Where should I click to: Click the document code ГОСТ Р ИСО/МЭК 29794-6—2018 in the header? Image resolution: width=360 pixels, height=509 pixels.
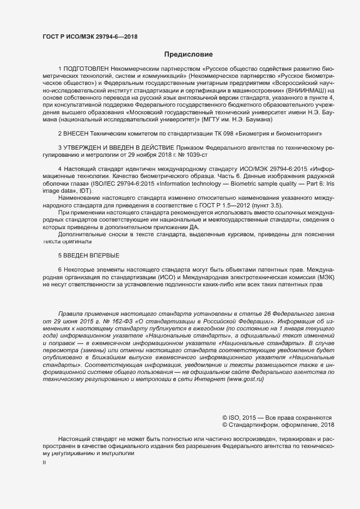coord(90,37)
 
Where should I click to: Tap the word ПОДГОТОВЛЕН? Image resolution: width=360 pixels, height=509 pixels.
coord(86,69)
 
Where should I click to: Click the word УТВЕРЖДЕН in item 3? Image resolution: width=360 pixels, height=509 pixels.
coord(86,147)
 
